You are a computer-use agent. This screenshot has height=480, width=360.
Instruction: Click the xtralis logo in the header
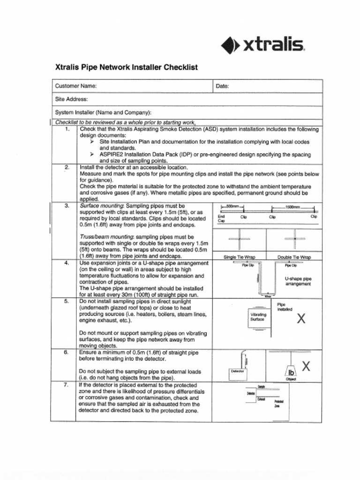(263, 45)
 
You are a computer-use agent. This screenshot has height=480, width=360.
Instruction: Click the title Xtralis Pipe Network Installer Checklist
(126, 67)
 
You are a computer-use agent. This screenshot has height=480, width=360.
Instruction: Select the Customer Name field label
(76, 86)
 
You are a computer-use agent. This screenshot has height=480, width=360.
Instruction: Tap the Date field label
(222, 86)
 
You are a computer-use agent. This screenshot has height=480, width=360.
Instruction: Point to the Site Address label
(72, 99)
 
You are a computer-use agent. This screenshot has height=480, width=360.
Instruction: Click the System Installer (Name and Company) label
(103, 112)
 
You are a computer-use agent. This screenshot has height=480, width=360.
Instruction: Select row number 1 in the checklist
(67, 129)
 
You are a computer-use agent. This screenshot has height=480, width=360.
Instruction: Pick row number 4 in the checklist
(67, 263)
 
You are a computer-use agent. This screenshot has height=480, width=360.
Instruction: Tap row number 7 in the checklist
(67, 385)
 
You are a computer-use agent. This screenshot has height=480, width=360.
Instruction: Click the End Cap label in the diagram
(221, 219)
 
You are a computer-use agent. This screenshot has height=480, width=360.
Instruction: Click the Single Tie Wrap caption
(239, 257)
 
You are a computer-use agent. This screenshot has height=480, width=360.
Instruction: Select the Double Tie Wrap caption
(294, 257)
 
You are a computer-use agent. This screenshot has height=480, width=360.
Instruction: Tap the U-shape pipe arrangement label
(298, 281)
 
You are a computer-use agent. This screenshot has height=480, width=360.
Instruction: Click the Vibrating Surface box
(258, 317)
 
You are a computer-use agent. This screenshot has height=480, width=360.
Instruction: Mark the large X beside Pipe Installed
(301, 319)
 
